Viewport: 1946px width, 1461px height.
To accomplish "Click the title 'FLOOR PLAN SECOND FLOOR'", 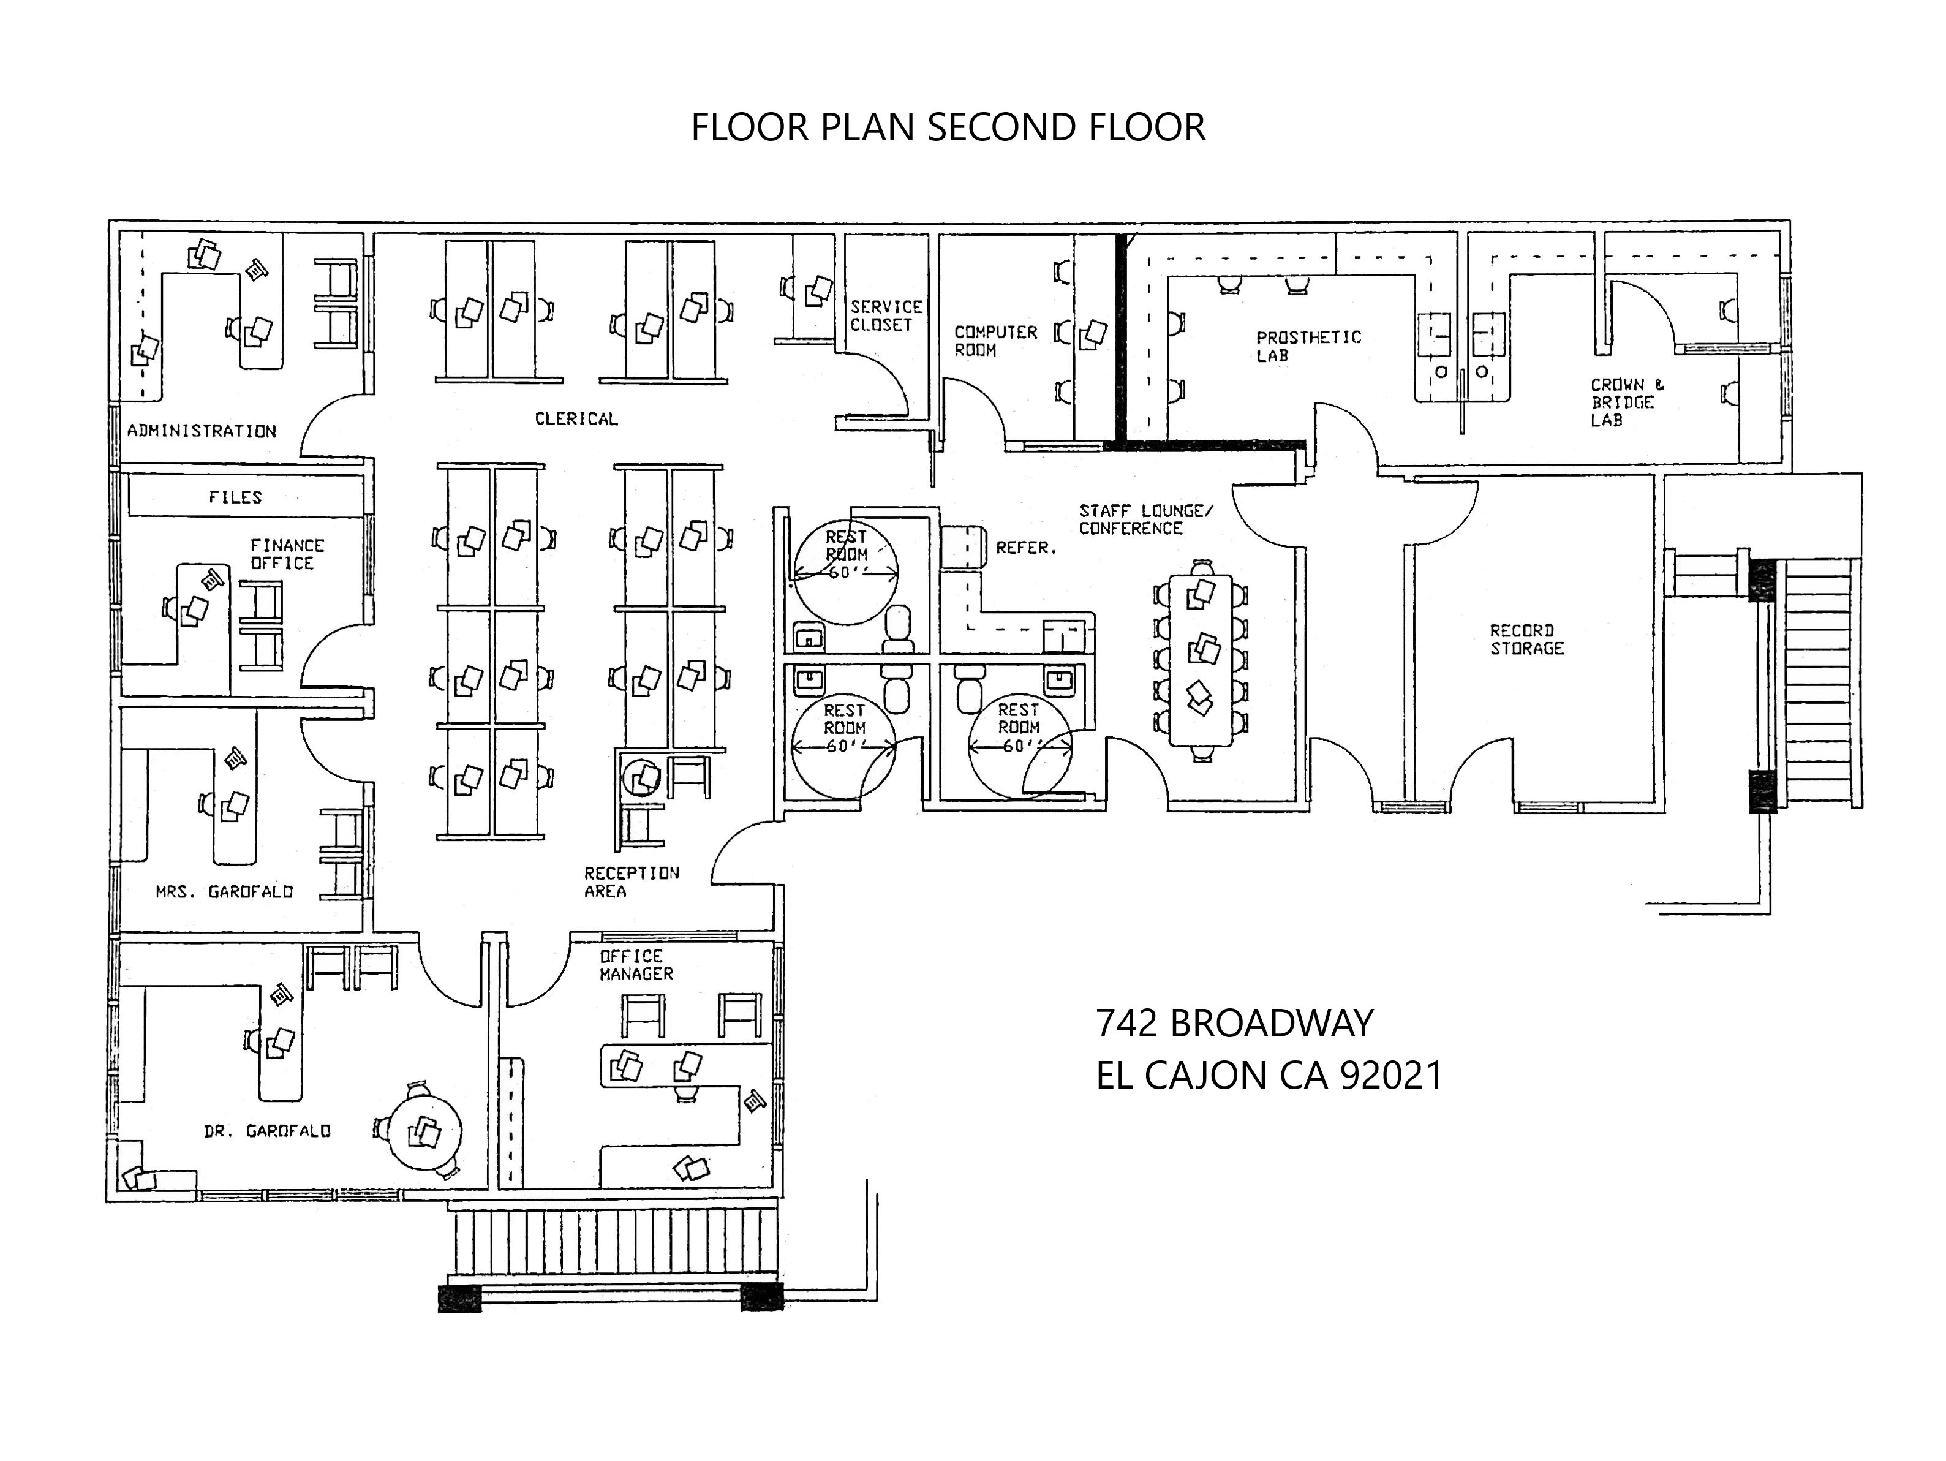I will click(x=948, y=127).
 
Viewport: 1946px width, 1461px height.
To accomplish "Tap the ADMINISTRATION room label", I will click(x=202, y=431).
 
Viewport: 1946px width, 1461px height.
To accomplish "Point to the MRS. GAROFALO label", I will click(x=224, y=892).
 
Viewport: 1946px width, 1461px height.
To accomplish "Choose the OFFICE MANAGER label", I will click(x=636, y=965).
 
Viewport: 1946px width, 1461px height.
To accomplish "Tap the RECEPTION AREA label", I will click(x=631, y=882).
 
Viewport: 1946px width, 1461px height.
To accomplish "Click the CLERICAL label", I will click(x=576, y=418).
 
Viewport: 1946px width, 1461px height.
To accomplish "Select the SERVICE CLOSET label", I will click(x=885, y=315).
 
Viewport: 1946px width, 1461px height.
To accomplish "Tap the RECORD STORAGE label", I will click(x=1526, y=640).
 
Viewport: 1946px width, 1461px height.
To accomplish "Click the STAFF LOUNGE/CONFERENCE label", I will click(x=1146, y=519).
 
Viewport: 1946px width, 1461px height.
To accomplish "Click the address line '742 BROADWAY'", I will click(x=1234, y=1023).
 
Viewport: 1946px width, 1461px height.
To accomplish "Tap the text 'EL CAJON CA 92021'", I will click(x=1269, y=1075).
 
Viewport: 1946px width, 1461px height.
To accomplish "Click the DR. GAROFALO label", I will click(x=268, y=1131).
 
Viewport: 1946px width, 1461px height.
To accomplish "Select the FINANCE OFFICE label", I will click(x=287, y=554).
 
